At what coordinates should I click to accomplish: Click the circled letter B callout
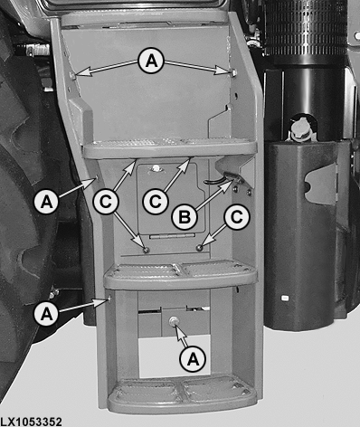[185, 216]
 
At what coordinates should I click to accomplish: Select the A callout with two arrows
[151, 62]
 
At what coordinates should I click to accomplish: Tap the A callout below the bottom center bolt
[193, 359]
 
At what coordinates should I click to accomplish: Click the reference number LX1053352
[31, 422]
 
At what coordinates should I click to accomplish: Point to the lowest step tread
[183, 394]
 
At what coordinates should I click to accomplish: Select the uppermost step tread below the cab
[170, 148]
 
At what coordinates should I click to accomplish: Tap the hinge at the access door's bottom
[173, 237]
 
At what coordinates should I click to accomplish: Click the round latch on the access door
[156, 169]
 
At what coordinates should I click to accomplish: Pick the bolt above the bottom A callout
[174, 321]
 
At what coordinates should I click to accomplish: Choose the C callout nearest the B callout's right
[236, 217]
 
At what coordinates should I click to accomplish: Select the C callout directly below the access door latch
[156, 202]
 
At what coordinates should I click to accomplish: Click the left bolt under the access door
[147, 250]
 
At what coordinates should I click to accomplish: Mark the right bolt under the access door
[199, 248]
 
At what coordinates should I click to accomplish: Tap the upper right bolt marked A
[232, 71]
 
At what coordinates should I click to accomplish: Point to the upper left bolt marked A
[73, 74]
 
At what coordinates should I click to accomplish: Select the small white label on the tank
[285, 299]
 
